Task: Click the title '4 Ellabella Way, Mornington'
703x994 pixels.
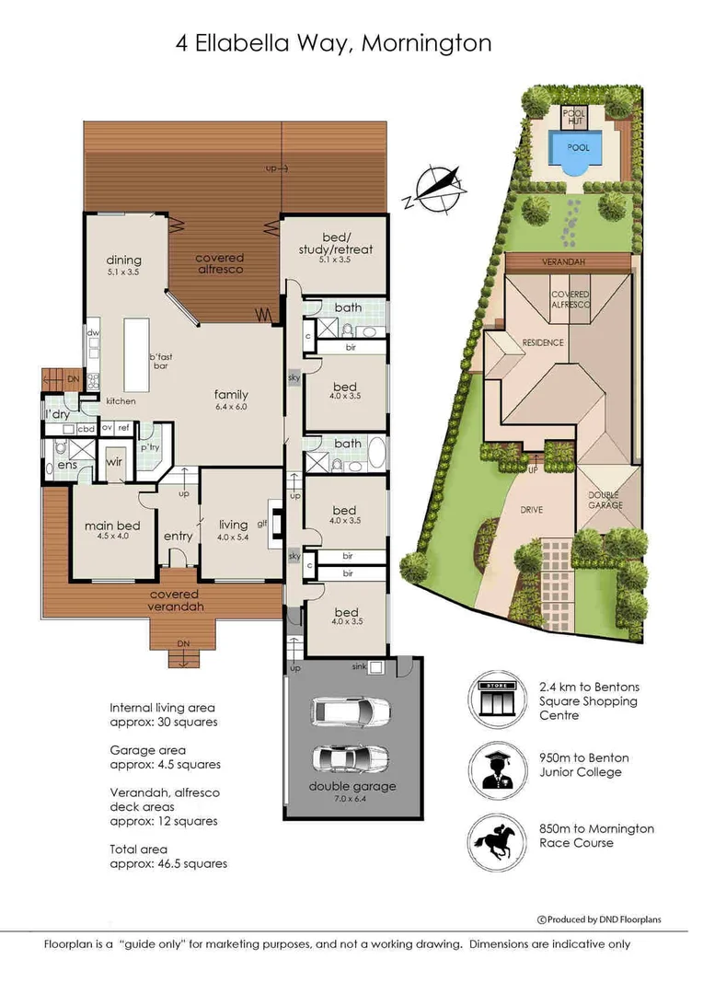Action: (x=333, y=43)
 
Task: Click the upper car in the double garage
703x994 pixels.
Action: (x=351, y=711)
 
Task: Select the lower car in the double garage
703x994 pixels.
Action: (x=351, y=758)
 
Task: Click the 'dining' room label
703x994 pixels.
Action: (x=123, y=260)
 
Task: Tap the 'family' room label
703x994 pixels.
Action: (x=231, y=395)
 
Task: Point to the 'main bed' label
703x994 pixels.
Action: (x=111, y=526)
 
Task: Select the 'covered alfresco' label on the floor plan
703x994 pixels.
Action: (x=220, y=264)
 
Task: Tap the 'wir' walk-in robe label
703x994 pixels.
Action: (x=114, y=461)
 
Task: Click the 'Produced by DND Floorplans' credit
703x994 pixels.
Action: (x=599, y=919)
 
